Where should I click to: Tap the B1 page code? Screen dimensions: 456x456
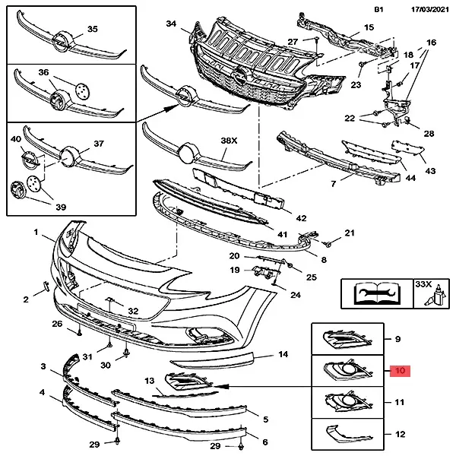(379, 10)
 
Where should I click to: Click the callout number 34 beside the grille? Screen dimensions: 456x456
(171, 25)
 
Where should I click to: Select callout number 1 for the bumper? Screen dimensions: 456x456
(35, 230)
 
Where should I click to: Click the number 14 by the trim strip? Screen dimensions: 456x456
(283, 354)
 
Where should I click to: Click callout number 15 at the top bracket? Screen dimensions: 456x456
(369, 27)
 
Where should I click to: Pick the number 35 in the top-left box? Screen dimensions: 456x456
(93, 29)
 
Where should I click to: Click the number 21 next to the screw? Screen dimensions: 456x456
(350, 233)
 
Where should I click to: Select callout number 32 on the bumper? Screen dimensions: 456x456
(133, 311)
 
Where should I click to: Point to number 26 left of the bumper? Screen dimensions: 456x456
(57, 325)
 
